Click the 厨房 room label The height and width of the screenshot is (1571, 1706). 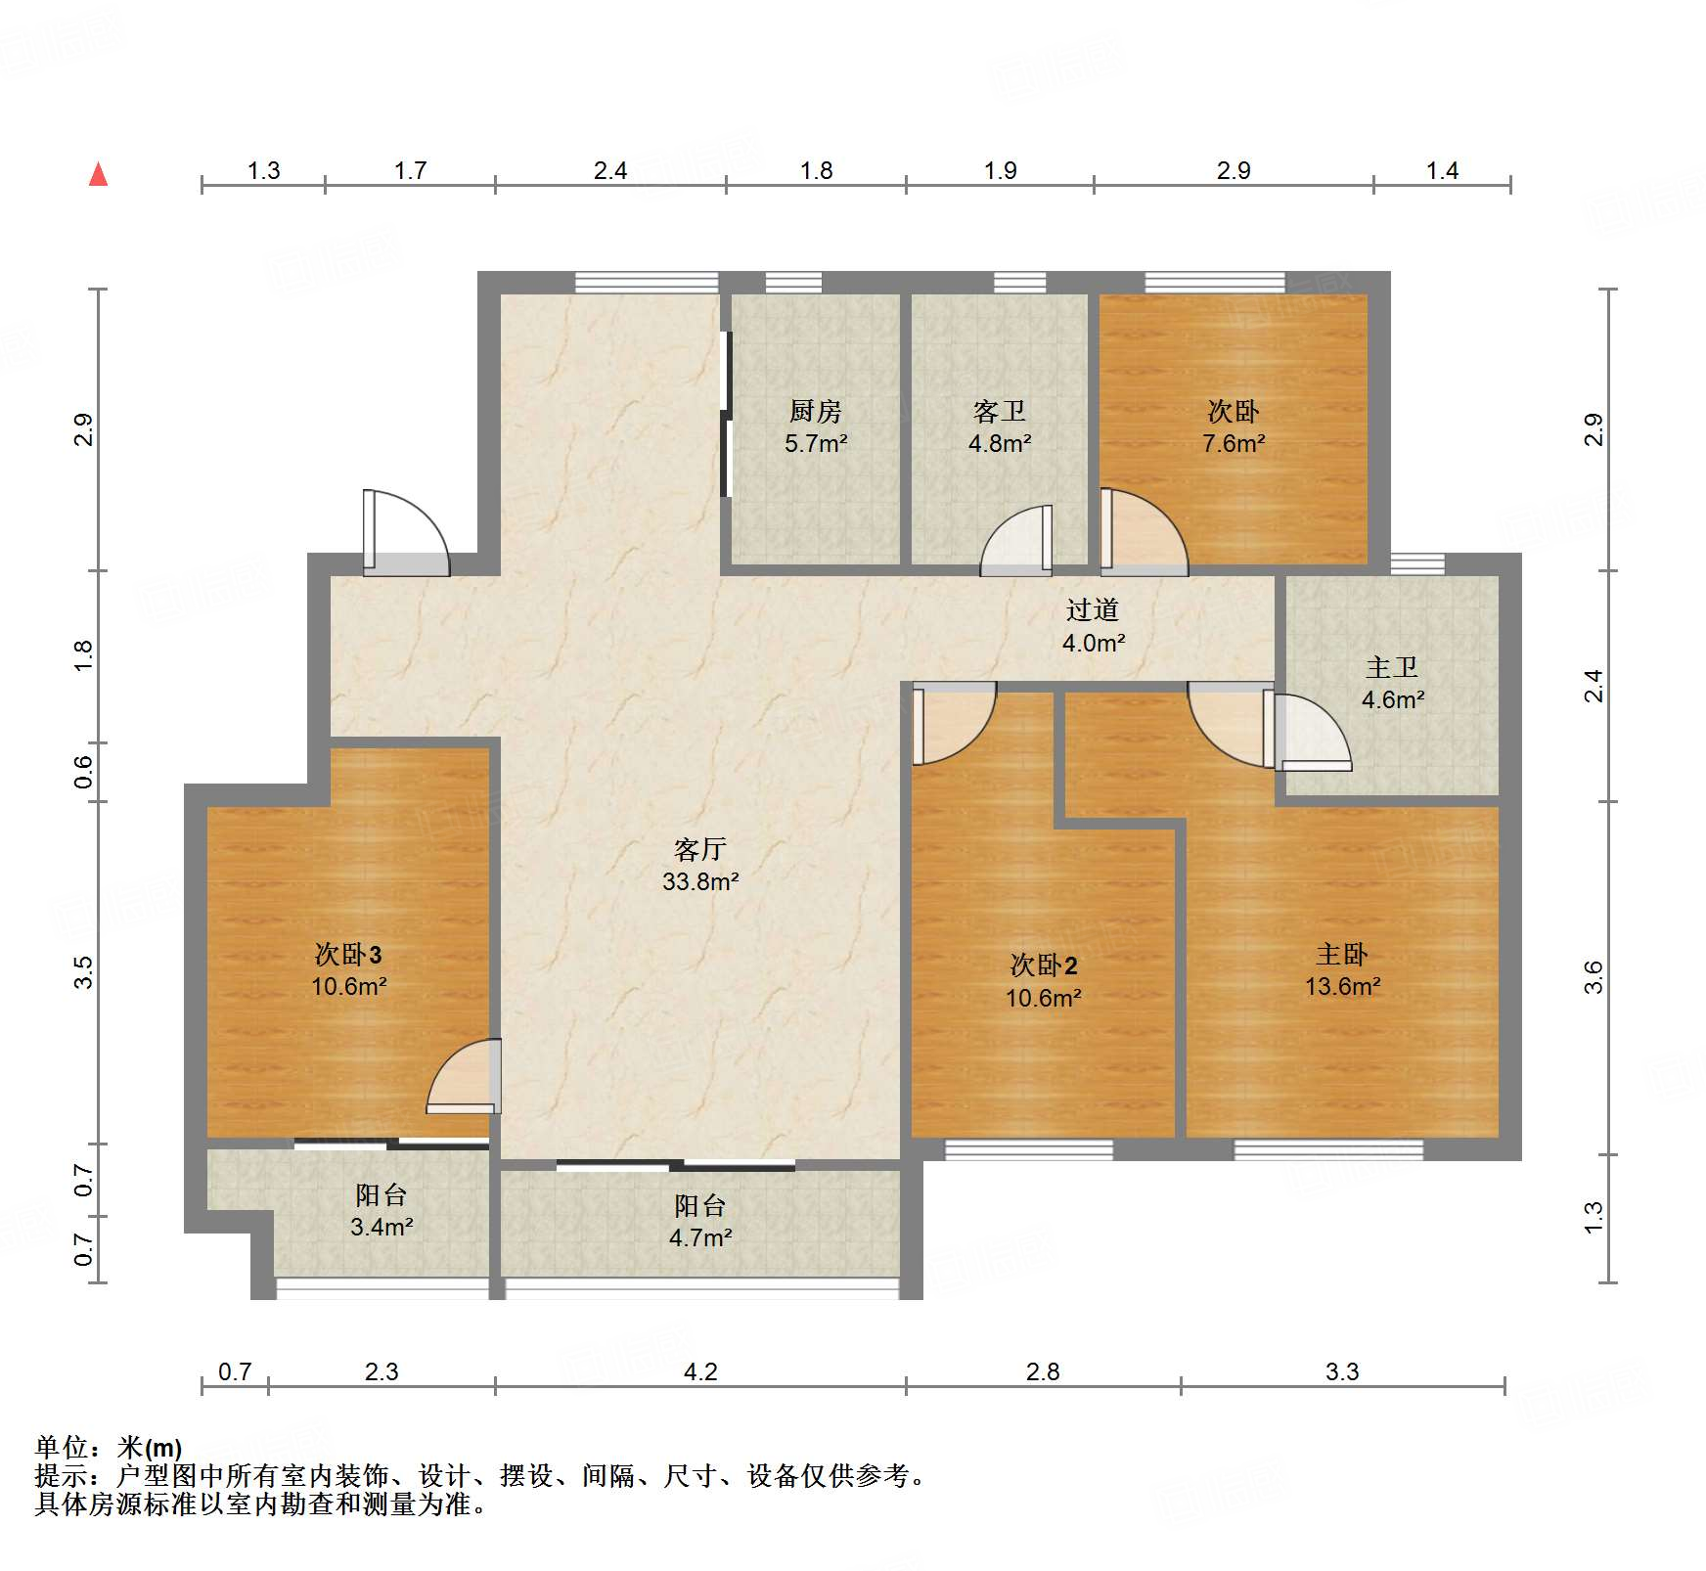(x=815, y=411)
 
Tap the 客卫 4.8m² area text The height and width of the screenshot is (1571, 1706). (x=1000, y=443)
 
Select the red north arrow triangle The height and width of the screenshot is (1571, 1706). (x=98, y=174)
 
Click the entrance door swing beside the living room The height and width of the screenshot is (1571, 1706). (x=405, y=533)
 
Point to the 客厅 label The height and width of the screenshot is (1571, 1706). (x=699, y=849)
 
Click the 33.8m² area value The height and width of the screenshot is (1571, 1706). (x=699, y=881)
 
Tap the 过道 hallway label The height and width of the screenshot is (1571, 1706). (x=1093, y=610)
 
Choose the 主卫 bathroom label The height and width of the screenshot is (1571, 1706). (x=1391, y=668)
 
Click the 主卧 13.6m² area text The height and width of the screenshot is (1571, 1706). (x=1342, y=986)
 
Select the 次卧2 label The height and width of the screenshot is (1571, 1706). (x=1043, y=965)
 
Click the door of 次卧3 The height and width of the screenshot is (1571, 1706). (x=464, y=1076)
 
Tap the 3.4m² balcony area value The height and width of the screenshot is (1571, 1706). (x=382, y=1227)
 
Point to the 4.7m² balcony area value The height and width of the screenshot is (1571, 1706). (x=699, y=1237)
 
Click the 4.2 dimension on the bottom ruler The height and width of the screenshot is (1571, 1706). (x=699, y=1371)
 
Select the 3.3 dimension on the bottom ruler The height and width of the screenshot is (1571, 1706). (x=1342, y=1371)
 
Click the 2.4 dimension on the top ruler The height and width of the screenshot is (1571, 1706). (x=609, y=170)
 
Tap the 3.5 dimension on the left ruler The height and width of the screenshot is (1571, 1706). (x=84, y=971)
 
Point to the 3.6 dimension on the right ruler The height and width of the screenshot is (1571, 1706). (x=1594, y=977)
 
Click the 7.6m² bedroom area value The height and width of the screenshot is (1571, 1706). (x=1233, y=443)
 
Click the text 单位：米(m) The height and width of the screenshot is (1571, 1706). (x=109, y=1447)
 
